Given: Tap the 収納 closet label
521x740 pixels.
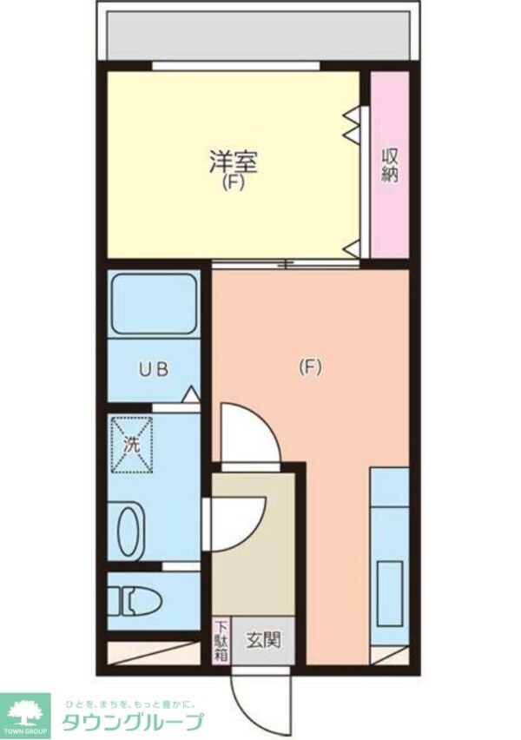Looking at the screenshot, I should coord(391,165).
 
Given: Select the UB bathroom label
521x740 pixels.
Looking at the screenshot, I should coord(153,368).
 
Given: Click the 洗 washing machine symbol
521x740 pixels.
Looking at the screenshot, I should coord(130,443).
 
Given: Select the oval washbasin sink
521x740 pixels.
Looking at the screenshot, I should coord(128,532).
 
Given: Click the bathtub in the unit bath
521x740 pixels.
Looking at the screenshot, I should coord(155,304).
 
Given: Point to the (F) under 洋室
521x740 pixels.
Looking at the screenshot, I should coord(232,183).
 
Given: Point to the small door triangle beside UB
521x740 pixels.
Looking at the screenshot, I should coord(190,395).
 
